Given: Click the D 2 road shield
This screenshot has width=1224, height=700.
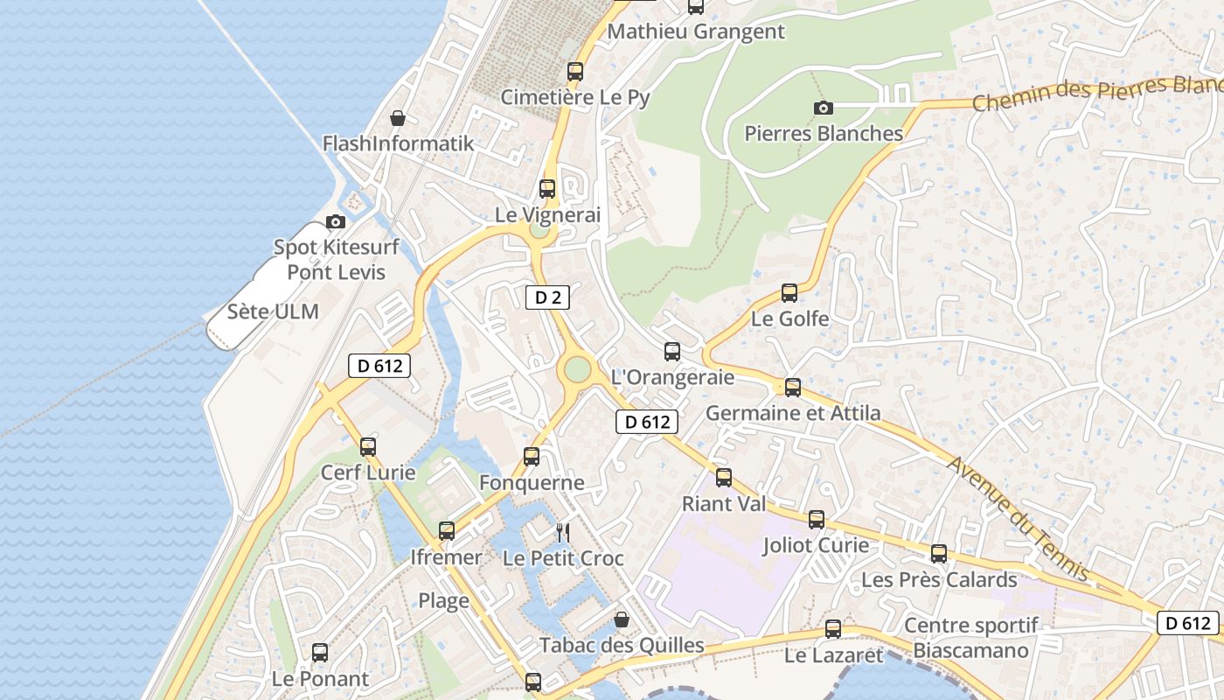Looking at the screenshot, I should click(x=547, y=297).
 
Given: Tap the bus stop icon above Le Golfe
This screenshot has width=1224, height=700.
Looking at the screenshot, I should click(x=789, y=293).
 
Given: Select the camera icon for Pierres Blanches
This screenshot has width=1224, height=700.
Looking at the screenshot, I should click(x=823, y=108).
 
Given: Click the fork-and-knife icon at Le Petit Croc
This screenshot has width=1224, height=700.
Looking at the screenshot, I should click(x=564, y=532).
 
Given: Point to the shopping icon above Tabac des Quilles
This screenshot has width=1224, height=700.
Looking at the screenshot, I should click(x=622, y=619).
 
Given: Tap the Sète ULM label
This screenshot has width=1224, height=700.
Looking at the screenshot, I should click(x=273, y=311).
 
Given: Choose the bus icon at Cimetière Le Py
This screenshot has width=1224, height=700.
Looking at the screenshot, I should click(x=575, y=72).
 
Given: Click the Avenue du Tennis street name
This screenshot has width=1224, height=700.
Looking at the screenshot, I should click(x=1019, y=519).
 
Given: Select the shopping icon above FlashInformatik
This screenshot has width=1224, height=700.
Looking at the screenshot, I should click(x=398, y=118).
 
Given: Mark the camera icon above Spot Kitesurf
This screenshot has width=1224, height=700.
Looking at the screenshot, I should click(x=335, y=222).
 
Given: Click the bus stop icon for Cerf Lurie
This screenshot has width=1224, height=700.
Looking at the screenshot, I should click(x=368, y=447).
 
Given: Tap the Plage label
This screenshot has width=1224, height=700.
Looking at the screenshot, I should click(x=443, y=601).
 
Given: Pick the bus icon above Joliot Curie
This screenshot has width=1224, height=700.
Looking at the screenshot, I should click(x=817, y=520).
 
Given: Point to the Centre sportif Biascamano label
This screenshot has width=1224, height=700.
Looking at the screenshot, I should click(x=970, y=638).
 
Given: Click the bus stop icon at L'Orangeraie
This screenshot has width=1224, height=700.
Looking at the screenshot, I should click(x=672, y=352).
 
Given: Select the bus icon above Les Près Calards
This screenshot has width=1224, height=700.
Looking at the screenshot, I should click(x=939, y=554).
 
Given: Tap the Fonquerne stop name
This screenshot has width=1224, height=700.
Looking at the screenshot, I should click(x=532, y=482).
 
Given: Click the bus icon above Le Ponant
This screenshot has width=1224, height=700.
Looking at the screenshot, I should click(x=320, y=653).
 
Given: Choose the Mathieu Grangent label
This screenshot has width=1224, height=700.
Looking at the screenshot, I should click(x=696, y=31).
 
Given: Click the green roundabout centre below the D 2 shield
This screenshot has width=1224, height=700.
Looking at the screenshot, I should click(x=577, y=369).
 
